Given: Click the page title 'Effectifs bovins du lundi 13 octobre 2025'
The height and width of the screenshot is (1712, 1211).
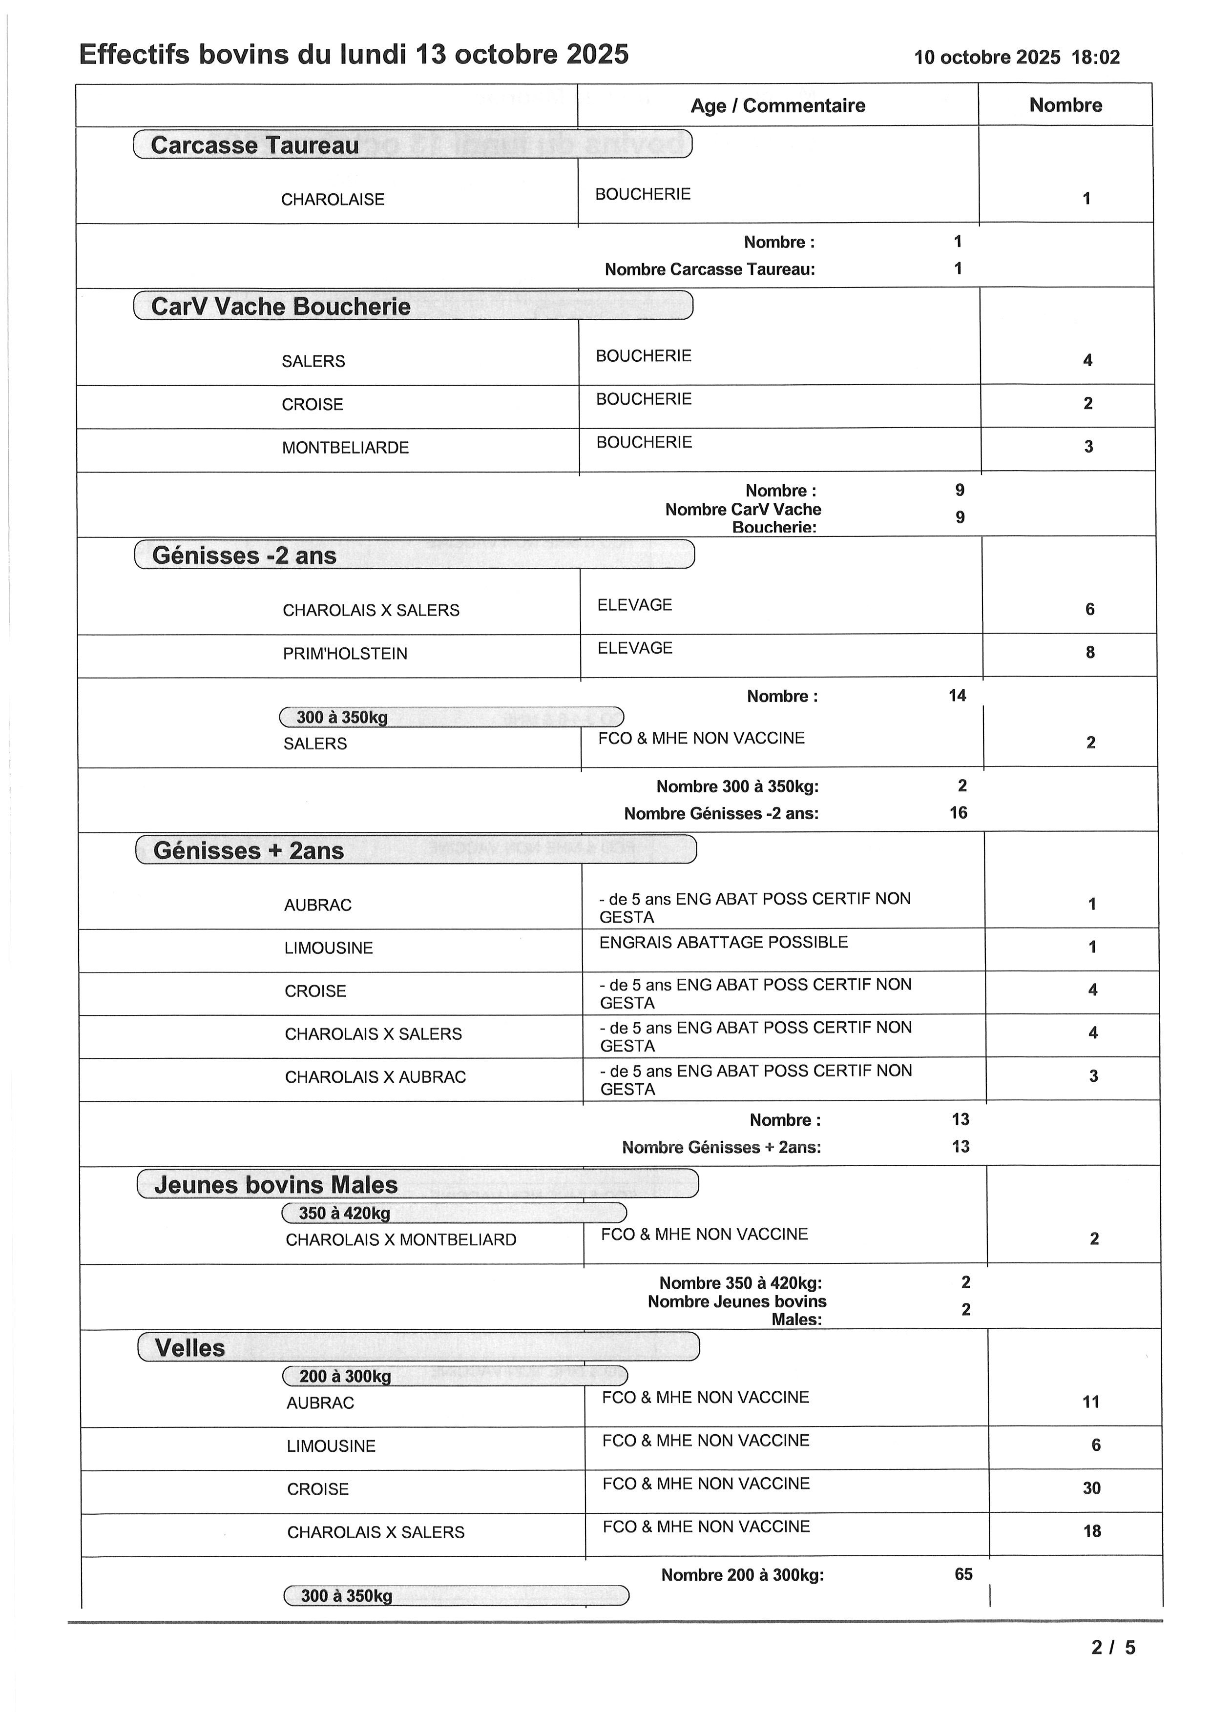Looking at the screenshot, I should [x=354, y=55].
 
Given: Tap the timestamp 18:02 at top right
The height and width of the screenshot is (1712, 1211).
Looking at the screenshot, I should [x=1095, y=58].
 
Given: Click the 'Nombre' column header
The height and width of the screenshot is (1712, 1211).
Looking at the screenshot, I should [x=1065, y=105].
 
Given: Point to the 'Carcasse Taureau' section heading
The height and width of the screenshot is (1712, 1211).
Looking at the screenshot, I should [x=254, y=145].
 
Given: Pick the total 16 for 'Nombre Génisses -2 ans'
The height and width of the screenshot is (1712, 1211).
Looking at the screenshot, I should [x=958, y=813].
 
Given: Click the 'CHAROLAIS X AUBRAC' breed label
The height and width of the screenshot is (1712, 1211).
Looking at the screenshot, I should [x=375, y=1077].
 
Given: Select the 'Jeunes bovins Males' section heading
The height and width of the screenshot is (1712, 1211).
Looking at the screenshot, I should [x=276, y=1185].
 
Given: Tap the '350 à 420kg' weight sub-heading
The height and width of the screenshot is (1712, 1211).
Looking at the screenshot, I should [x=345, y=1213].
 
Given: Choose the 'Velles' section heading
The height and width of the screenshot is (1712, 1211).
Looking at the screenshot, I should [x=189, y=1348].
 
